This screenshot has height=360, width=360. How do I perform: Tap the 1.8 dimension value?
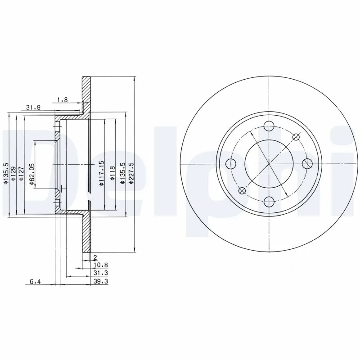click(x=63, y=100)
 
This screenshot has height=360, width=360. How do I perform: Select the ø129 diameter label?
click(x=13, y=173)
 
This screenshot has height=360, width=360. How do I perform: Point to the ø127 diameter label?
click(x=21, y=173)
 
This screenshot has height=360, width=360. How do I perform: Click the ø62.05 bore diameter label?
click(x=32, y=174)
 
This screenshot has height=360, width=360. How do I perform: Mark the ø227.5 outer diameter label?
click(x=131, y=173)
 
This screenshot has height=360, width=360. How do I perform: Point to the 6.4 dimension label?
click(x=35, y=282)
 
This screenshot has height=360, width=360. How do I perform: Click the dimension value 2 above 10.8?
click(x=95, y=257)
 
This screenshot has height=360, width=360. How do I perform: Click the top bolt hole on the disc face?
click(x=269, y=126)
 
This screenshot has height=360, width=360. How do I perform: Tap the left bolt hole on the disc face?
click(x=231, y=163)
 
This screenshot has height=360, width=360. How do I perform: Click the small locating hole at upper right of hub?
click(x=296, y=137)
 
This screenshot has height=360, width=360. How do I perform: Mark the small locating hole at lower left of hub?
click(x=242, y=190)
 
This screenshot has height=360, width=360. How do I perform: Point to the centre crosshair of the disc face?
click(x=269, y=163)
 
